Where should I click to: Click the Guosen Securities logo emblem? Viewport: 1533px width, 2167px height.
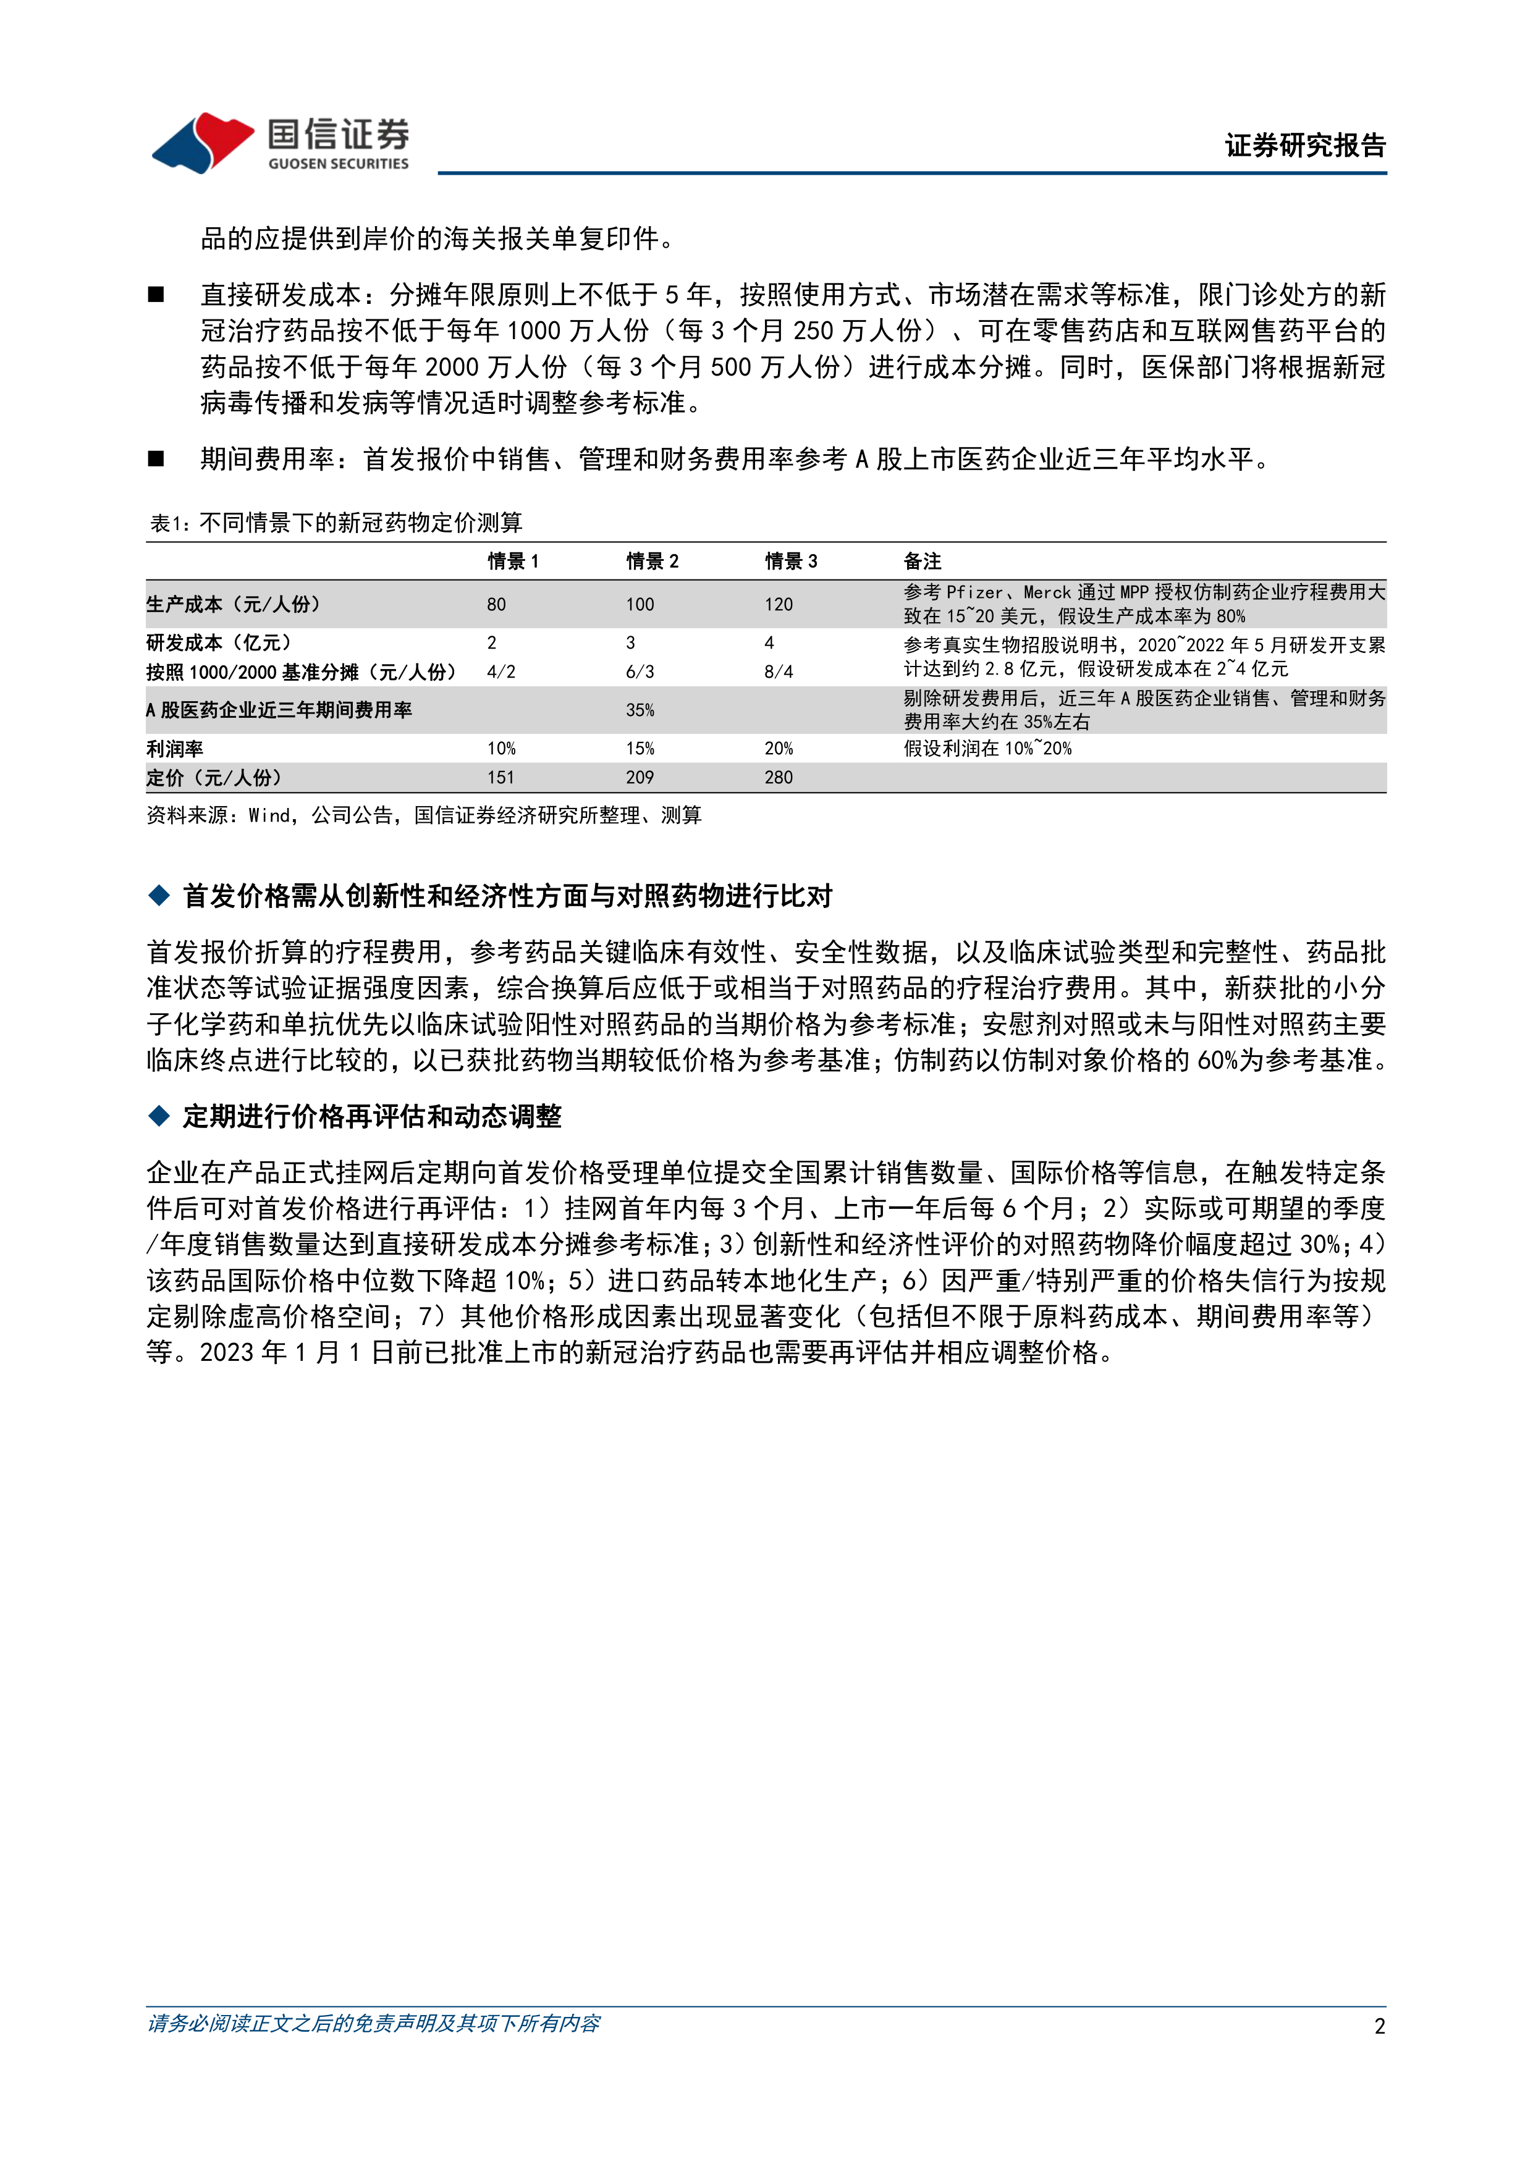click(202, 143)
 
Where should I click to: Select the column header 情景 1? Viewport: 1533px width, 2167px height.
click(513, 562)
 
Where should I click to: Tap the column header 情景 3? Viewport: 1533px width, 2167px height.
click(790, 562)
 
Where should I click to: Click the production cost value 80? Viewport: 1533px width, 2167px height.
click(497, 604)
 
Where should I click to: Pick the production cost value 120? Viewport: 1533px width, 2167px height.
click(778, 604)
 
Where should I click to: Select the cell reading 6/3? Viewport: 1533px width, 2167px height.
click(640, 672)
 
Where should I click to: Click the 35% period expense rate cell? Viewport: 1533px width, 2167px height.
click(640, 710)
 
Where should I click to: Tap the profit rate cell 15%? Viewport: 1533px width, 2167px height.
click(640, 749)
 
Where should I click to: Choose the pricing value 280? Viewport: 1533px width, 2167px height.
click(778, 778)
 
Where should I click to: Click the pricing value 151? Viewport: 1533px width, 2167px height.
click(500, 778)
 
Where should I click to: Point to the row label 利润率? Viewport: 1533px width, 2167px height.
click(175, 749)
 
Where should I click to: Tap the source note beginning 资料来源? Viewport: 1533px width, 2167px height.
click(424, 815)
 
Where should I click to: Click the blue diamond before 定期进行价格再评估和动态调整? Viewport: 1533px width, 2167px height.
click(159, 1116)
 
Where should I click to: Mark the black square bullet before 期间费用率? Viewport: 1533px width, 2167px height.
click(157, 460)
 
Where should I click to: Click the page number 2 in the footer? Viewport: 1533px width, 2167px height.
click(1379, 2026)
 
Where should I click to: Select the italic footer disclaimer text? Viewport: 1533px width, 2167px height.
click(374, 2024)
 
